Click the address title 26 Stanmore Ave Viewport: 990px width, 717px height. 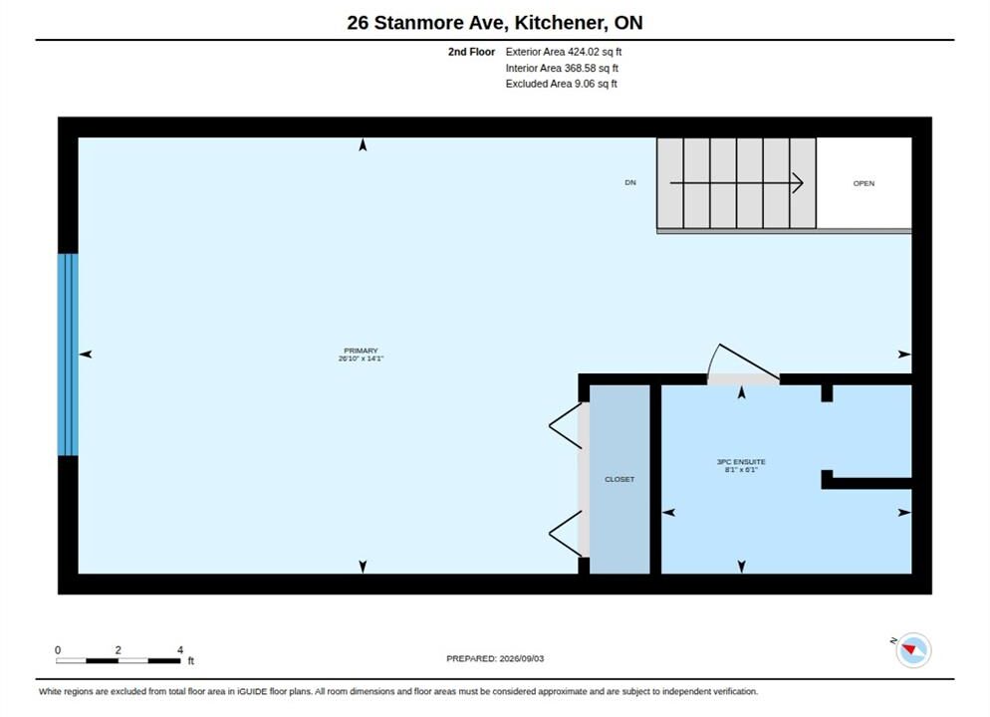click(x=427, y=23)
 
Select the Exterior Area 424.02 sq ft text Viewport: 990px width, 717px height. click(x=563, y=52)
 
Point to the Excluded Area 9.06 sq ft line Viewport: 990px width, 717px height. click(x=562, y=84)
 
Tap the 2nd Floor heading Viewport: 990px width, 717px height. click(x=472, y=52)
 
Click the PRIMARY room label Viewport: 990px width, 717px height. click(x=361, y=351)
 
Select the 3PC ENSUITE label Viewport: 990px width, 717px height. click(x=741, y=462)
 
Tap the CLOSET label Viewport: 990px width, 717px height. click(x=619, y=479)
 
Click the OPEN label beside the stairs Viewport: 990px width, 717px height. click(x=864, y=183)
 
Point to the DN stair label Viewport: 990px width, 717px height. click(x=630, y=182)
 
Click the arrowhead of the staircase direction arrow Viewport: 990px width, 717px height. click(x=800, y=183)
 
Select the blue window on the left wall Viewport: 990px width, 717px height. click(x=68, y=355)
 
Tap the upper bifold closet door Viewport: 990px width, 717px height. click(x=565, y=426)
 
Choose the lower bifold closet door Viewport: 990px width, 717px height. click(x=565, y=534)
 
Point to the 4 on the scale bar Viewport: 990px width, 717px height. click(x=180, y=649)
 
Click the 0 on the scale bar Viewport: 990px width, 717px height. click(x=58, y=649)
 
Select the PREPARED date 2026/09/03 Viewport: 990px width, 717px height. click(x=522, y=658)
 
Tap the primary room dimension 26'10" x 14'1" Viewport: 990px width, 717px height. click(x=361, y=358)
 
